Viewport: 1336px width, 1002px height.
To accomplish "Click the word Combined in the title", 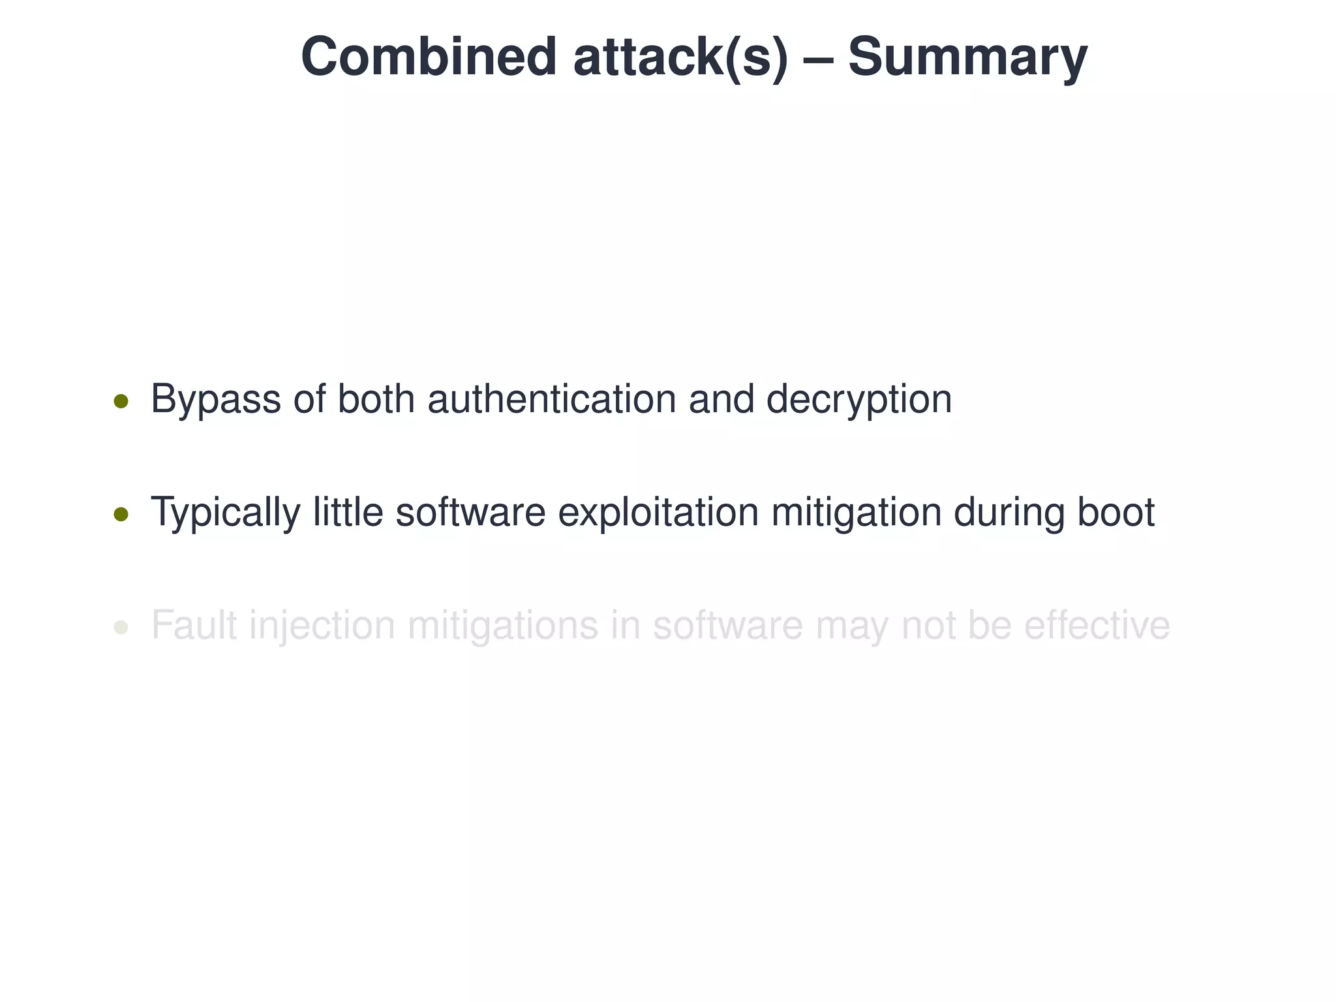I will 428,57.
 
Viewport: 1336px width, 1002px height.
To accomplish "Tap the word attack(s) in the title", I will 680,57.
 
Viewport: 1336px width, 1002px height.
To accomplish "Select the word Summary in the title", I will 967,57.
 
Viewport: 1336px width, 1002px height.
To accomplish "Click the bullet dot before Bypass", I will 121,401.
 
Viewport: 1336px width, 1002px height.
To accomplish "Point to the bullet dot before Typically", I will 121,515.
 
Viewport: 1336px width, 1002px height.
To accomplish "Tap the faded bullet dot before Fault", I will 121,628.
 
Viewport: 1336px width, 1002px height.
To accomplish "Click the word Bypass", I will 215,399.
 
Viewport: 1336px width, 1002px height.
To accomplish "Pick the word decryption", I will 858,399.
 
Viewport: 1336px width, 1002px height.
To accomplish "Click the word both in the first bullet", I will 376,399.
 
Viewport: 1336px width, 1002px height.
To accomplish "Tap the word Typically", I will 225,513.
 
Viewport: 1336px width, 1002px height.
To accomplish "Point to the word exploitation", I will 658,513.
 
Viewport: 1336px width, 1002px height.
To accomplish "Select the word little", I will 348,513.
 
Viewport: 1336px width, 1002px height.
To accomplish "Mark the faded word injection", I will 322,626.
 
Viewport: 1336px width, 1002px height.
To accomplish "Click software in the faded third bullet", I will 727,626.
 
